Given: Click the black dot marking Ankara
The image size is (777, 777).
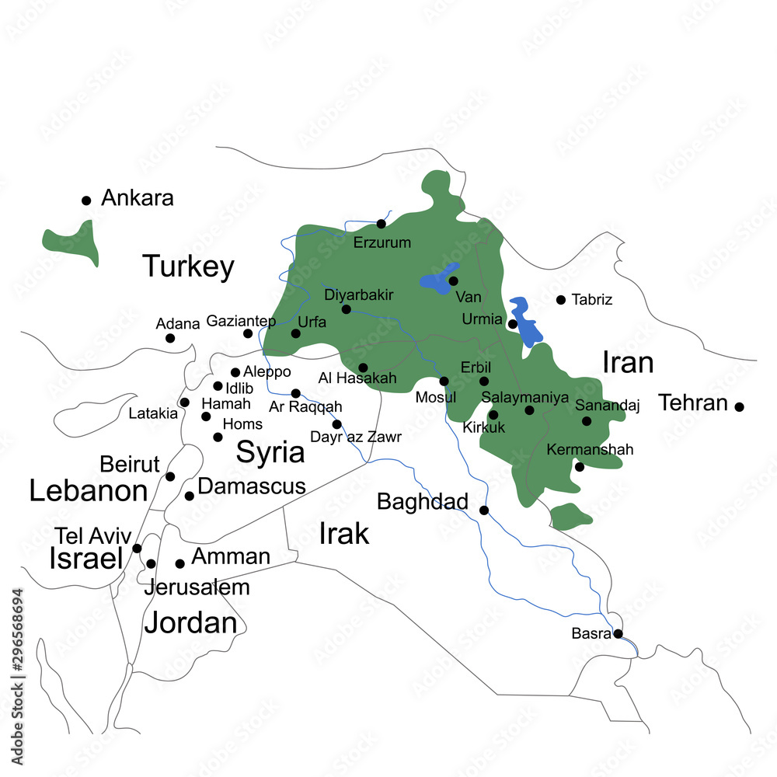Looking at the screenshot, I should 86,200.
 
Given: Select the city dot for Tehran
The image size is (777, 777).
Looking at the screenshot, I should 739,406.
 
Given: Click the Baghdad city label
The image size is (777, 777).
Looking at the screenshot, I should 422,502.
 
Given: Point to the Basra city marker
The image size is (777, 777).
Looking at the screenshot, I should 618,634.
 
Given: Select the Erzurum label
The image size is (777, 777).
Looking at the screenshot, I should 382,242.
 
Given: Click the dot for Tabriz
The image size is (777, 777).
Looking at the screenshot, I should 560,299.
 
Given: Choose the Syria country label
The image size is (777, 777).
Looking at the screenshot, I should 270,452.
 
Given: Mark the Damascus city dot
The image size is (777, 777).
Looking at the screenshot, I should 189,496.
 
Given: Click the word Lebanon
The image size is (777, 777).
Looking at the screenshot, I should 88,491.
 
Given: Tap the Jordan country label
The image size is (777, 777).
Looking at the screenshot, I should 190,622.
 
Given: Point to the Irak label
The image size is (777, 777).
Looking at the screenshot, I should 343,534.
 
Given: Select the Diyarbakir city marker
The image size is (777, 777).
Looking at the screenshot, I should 346,309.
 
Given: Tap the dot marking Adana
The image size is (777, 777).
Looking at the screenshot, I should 170,338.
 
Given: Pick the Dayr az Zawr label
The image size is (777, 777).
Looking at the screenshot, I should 356,437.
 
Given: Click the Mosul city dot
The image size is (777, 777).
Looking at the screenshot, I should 444,381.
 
